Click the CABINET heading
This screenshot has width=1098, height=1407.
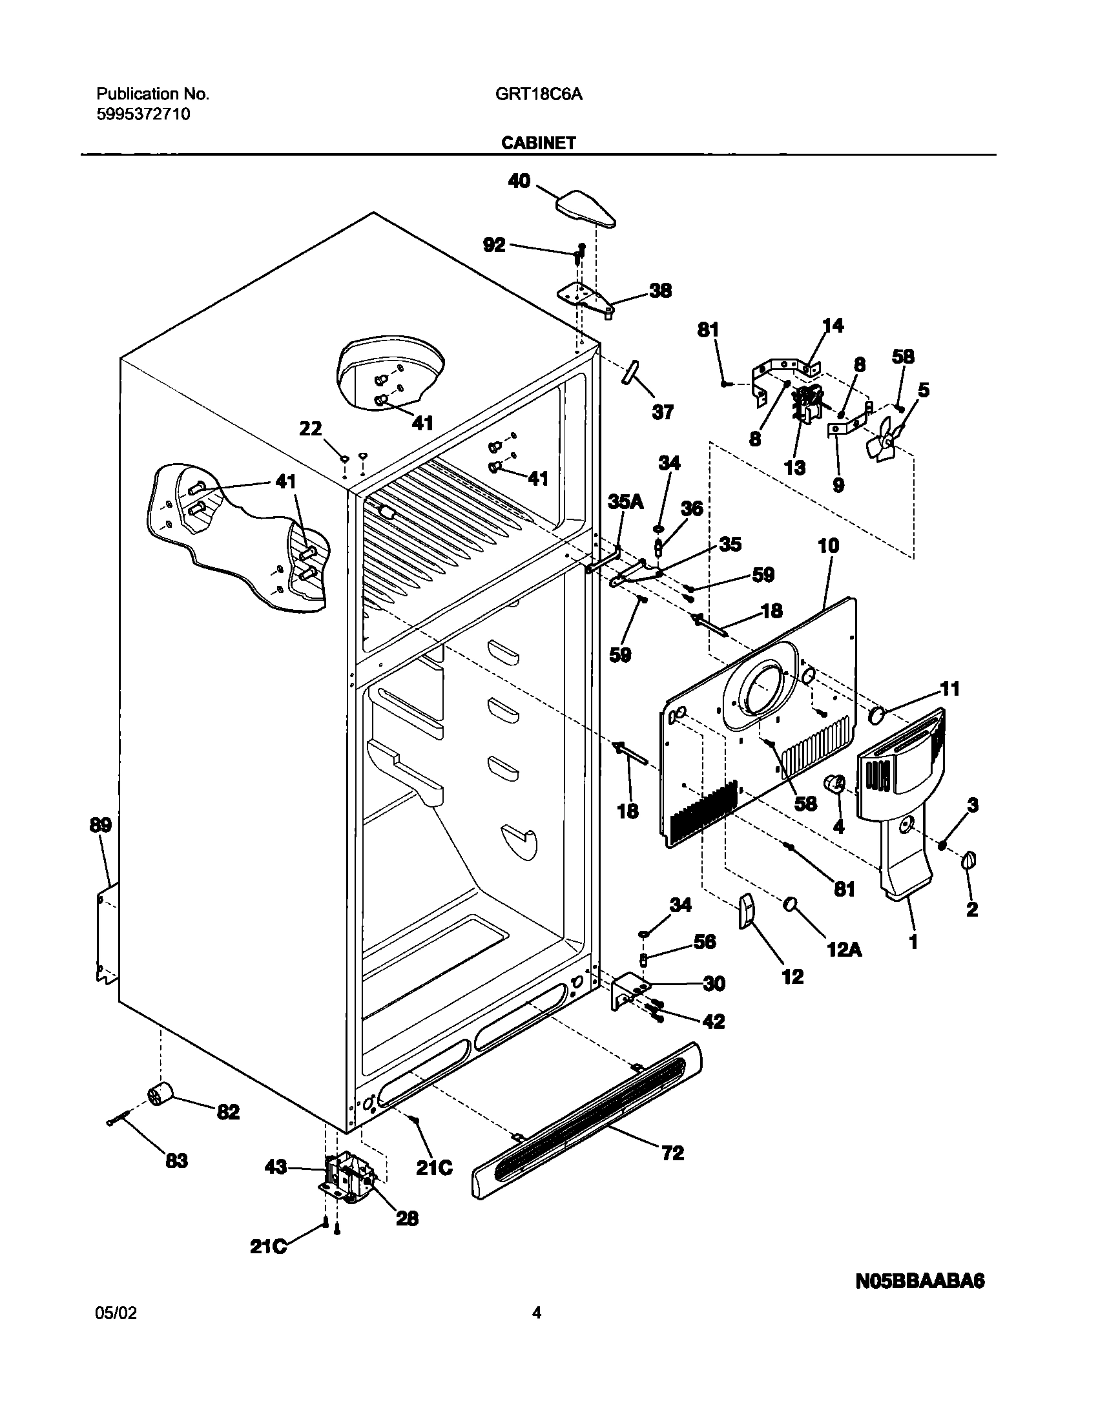(538, 143)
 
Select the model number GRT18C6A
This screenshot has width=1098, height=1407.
(539, 94)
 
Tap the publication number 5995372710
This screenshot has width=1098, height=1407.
(143, 115)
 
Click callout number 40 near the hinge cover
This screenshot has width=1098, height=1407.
(519, 181)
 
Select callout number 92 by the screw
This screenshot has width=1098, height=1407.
(494, 245)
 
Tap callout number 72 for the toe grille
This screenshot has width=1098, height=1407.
(672, 1152)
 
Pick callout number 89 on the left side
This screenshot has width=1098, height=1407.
(101, 826)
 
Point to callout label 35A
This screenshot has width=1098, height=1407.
(626, 502)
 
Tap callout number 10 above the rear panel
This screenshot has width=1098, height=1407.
(829, 546)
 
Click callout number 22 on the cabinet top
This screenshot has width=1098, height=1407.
(311, 428)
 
